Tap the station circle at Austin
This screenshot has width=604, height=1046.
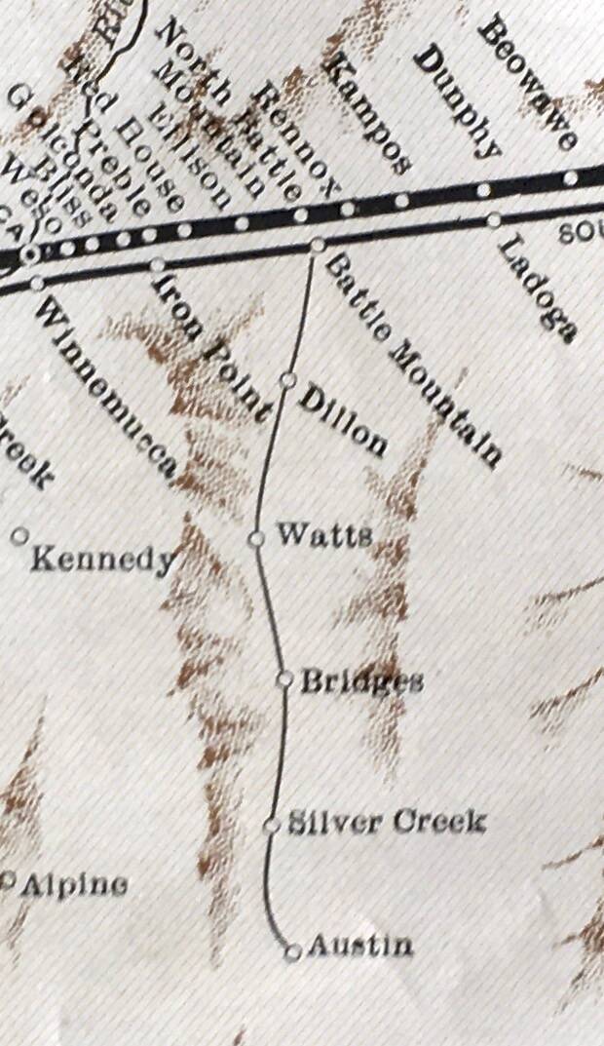291,953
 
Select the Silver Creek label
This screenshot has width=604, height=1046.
386,823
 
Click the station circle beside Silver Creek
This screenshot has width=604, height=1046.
272,827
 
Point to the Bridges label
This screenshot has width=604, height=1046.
361,680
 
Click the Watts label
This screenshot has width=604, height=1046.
323,534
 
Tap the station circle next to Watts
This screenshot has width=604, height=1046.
256,538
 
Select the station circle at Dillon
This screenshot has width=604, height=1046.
287,379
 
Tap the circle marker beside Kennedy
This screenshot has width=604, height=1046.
19,535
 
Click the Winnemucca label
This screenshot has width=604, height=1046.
107,390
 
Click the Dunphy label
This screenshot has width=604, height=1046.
456,102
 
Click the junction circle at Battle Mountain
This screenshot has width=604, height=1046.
317,246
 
